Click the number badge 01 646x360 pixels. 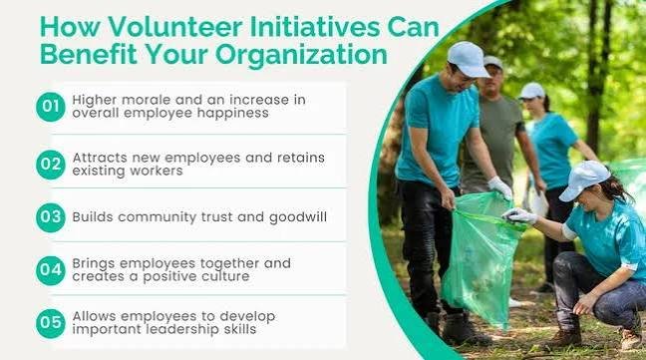coord(50,107)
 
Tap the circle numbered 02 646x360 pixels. coord(50,165)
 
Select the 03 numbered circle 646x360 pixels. coord(50,217)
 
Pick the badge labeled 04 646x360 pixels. coord(50,270)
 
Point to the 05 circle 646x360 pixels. coord(50,323)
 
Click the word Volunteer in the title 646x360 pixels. coord(175,27)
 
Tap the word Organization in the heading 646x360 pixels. coord(301,55)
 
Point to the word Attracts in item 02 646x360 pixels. coord(100,158)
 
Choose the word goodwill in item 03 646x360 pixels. coord(298,217)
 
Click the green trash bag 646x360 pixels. coord(481,255)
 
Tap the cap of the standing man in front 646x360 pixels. coord(468,59)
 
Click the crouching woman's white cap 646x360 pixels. coord(583,180)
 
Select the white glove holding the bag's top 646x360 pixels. coord(519,215)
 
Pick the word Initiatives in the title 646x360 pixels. coord(315,27)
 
